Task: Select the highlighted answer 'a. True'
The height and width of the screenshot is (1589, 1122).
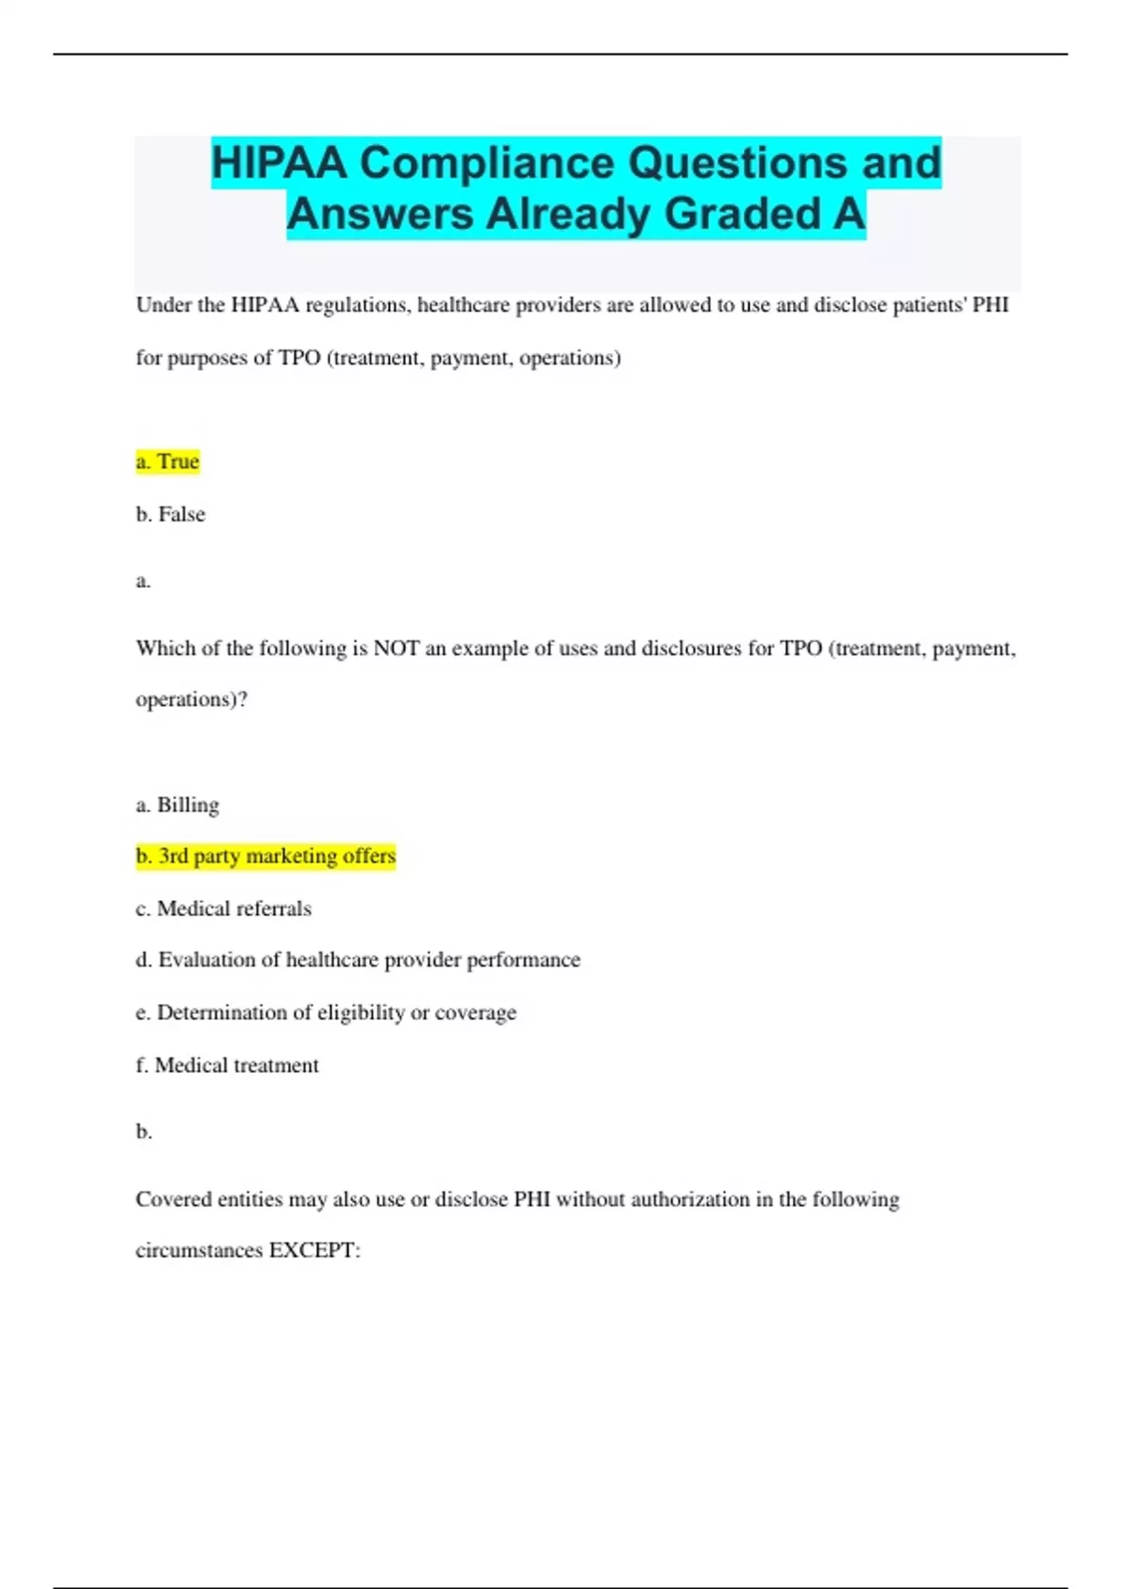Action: point(167,462)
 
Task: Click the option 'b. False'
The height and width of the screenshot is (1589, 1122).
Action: point(170,514)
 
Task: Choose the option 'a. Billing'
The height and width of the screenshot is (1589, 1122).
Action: point(178,805)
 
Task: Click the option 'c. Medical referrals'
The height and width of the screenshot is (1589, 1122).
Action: point(223,909)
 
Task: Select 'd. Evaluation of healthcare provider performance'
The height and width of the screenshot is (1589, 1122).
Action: point(358,960)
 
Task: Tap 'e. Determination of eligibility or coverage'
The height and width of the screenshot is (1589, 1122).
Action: point(326,1012)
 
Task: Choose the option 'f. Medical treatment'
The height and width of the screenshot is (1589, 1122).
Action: point(227,1065)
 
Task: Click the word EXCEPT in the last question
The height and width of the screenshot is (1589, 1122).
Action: point(314,1251)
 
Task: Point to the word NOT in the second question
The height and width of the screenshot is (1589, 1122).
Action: point(396,649)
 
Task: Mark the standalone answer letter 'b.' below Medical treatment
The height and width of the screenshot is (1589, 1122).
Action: point(144,1132)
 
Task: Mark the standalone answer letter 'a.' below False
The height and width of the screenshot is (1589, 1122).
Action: point(143,581)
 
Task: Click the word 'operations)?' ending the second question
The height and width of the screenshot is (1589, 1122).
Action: point(192,699)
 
